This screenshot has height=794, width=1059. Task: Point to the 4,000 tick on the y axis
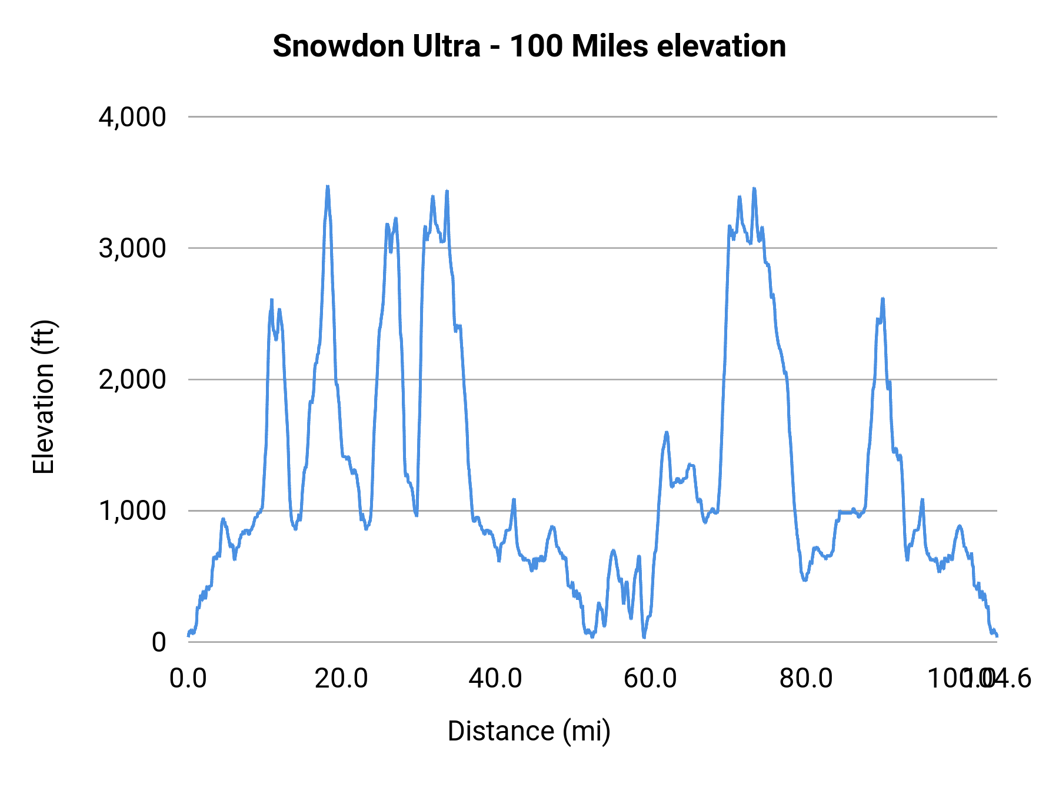click(132, 117)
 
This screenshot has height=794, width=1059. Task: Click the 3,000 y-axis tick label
click(132, 248)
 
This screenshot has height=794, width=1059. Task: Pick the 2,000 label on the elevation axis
click(132, 379)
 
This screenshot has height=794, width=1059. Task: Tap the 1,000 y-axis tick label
click(132, 511)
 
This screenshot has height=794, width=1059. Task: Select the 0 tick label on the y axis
click(159, 642)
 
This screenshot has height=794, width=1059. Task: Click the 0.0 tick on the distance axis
click(188, 679)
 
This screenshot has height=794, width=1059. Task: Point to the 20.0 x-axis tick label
click(342, 679)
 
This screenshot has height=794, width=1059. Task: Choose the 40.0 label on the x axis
click(495, 679)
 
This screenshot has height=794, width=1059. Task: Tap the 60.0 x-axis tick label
click(650, 679)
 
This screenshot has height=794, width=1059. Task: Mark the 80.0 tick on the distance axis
click(806, 679)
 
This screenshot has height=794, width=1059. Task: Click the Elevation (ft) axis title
click(44, 397)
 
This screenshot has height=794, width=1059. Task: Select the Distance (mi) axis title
click(529, 731)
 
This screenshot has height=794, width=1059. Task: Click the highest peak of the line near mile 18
click(328, 186)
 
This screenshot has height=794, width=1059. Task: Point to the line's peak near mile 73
click(754, 189)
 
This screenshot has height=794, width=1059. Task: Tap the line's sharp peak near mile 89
click(883, 299)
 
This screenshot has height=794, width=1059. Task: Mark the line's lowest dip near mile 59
click(644, 637)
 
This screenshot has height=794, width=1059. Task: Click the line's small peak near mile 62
click(667, 432)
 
